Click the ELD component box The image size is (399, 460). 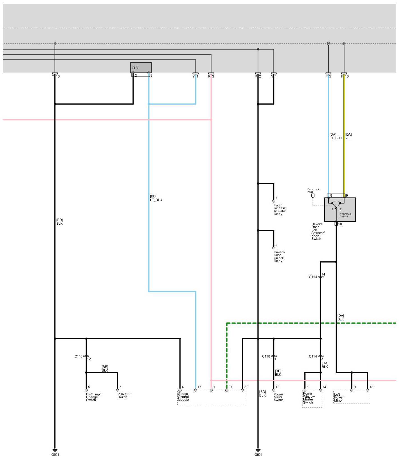(141, 68)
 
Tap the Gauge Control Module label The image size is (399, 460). (183, 397)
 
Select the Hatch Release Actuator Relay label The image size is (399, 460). (279, 210)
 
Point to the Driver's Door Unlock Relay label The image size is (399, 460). (279, 256)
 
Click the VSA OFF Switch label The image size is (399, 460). (124, 395)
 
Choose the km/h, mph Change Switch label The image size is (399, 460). (93, 397)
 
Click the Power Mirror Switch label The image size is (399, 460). (278, 397)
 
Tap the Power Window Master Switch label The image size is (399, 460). (308, 398)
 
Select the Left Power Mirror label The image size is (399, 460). (339, 397)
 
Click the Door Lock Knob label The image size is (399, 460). (313, 190)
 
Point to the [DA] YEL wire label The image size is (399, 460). (348, 136)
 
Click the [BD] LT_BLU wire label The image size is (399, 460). (156, 198)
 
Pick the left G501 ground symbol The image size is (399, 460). (55, 450)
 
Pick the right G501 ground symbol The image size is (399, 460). (258, 450)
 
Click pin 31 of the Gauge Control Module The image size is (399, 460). (227, 390)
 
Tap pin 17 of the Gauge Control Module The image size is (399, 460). (196, 390)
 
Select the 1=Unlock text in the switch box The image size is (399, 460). (345, 214)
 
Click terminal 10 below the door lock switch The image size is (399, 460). (336, 224)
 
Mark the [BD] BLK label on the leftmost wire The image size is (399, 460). (59, 222)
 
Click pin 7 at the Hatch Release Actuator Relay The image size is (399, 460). (274, 201)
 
